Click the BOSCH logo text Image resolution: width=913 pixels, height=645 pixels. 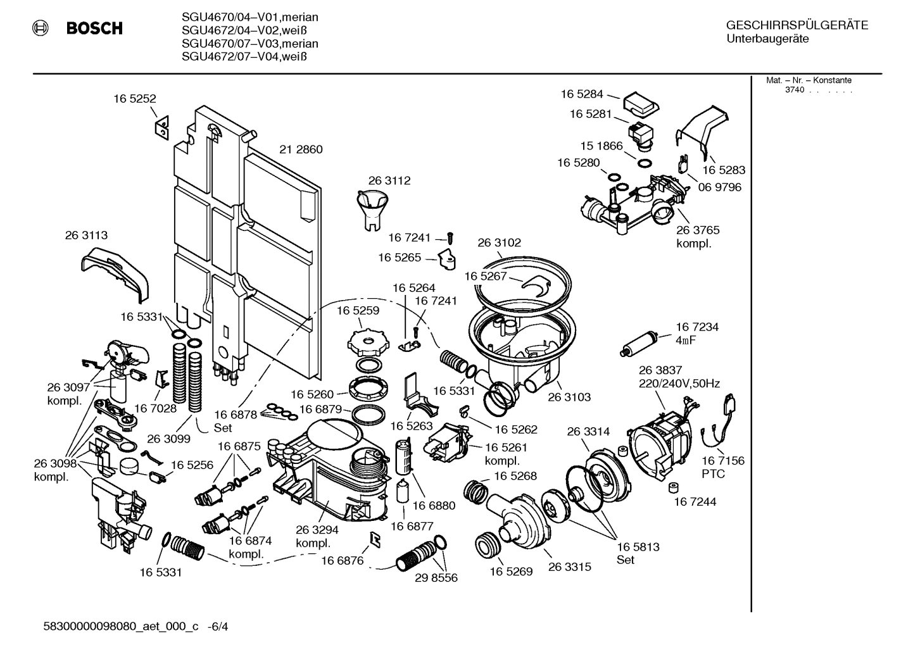click(94, 28)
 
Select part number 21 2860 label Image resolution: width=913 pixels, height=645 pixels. click(301, 150)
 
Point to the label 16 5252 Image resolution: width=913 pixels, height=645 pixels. click(135, 99)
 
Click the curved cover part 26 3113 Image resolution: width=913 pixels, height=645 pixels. click(115, 272)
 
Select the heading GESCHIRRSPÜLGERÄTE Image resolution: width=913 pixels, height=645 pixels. click(797, 26)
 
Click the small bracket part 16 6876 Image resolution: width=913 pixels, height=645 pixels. click(374, 538)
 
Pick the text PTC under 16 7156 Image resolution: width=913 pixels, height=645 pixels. click(713, 474)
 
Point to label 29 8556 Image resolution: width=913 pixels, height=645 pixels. click(436, 578)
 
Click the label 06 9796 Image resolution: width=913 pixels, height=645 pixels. click(720, 187)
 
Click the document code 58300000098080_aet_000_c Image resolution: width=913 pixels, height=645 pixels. click(120, 627)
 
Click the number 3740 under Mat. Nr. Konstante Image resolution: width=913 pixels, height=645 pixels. click(795, 90)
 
